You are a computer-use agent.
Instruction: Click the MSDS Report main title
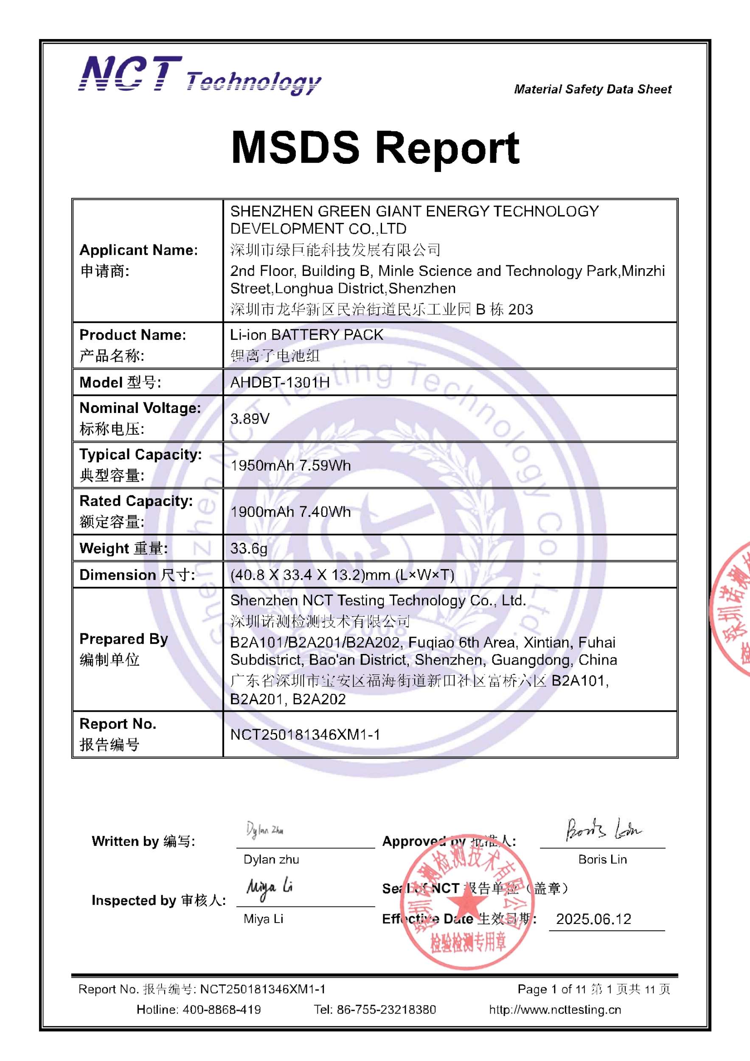(375, 147)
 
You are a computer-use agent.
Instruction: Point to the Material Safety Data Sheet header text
(593, 89)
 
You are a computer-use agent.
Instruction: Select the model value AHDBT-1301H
(280, 382)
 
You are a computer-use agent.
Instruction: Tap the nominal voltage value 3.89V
(250, 418)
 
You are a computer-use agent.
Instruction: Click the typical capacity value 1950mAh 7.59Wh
(291, 465)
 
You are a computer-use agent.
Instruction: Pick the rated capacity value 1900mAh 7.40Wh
(291, 511)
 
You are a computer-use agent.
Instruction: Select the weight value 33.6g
(249, 548)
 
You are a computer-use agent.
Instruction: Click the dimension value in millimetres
(343, 575)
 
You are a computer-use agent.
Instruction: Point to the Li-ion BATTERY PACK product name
(307, 334)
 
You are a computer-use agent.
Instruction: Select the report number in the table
(305, 734)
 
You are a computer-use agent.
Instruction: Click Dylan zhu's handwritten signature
(265, 831)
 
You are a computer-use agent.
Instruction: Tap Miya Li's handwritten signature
(270, 888)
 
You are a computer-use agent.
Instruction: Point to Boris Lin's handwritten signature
(603, 829)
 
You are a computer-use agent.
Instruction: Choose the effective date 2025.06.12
(593, 919)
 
